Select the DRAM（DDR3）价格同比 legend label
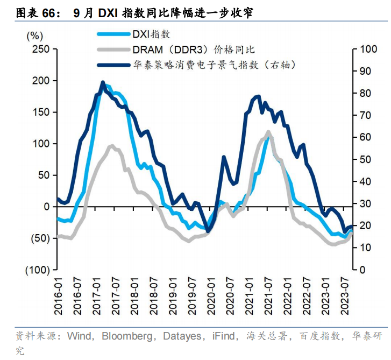pyautogui.click(x=193, y=49)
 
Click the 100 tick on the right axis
pyautogui.click(x=366, y=50)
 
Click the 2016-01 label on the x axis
pyautogui.click(x=59, y=291)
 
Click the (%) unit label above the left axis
pyautogui.click(x=34, y=36)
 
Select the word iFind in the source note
pyautogui.click(x=222, y=336)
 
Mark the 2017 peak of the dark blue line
pyautogui.click(x=103, y=82)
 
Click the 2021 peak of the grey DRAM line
pyautogui.click(x=268, y=131)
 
